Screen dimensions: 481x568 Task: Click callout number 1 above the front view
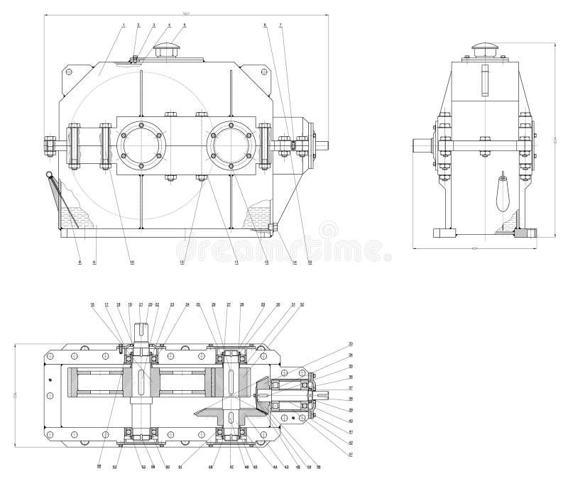tap(123, 25)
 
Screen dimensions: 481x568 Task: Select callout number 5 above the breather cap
tap(185, 25)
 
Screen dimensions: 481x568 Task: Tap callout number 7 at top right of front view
tap(281, 25)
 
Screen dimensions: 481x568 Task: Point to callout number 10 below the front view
tap(131, 262)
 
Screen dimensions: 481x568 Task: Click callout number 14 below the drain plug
tap(294, 262)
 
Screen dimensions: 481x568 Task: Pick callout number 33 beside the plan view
tap(350, 344)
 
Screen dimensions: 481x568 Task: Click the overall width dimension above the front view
tap(186, 13)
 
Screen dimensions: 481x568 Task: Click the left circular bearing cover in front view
tap(141, 146)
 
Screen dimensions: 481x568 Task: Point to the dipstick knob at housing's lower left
tap(48, 175)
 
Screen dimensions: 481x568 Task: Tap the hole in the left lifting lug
tap(70, 72)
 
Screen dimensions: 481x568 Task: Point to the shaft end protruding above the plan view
tap(143, 331)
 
